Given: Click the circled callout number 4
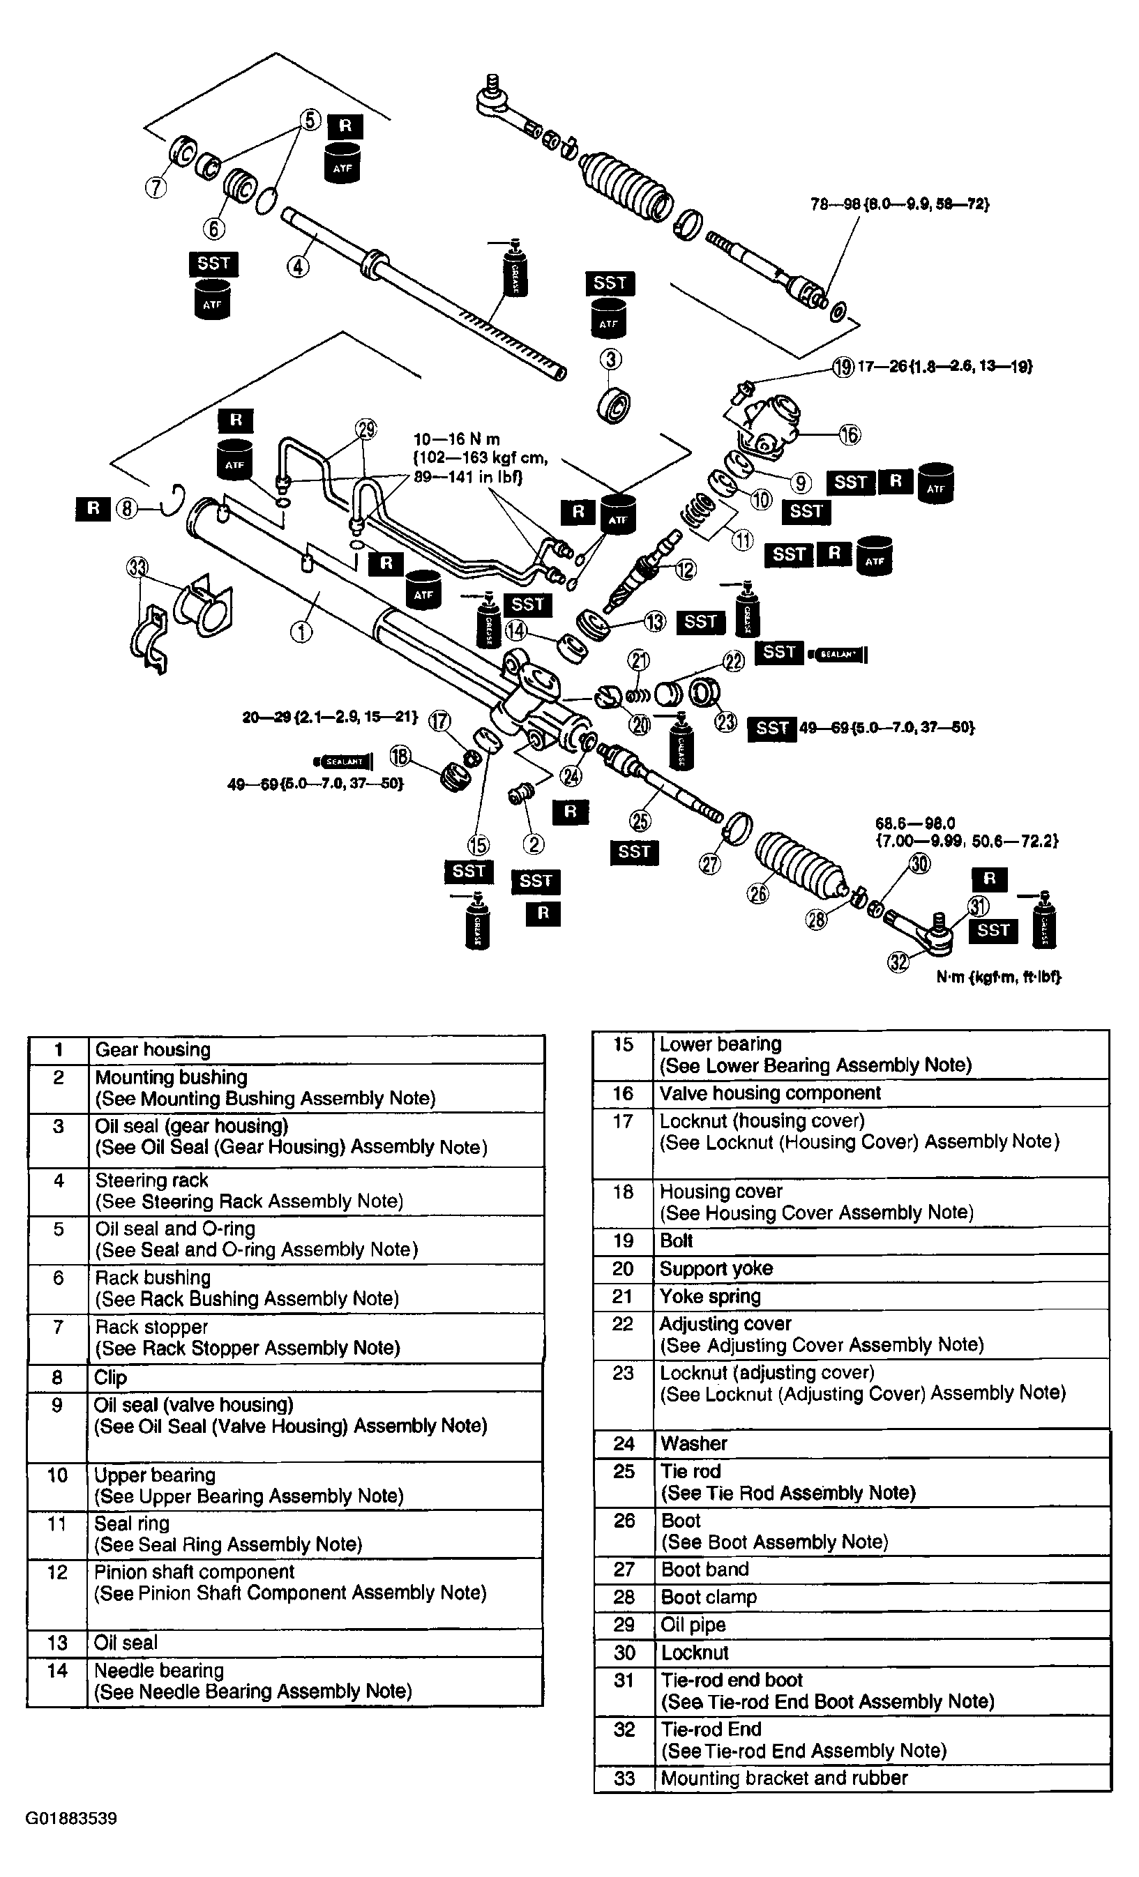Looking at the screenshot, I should (298, 266).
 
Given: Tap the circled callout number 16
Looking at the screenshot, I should (850, 435).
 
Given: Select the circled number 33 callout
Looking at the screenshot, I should (137, 568).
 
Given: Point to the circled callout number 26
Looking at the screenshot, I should (758, 892).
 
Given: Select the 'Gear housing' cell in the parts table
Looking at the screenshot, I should (152, 1050).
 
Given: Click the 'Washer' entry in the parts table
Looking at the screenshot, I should (693, 1443).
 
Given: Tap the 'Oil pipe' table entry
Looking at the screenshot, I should (693, 1625).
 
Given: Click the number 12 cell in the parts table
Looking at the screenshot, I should (57, 1573).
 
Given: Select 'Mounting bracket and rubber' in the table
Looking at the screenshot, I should (783, 1779).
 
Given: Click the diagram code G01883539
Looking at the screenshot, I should (71, 1819).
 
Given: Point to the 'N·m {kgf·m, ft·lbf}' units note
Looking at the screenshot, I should (998, 978).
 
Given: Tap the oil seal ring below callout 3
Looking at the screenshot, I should (614, 405).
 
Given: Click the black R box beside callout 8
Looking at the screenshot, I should (93, 508).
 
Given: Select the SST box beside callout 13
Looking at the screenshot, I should (700, 622).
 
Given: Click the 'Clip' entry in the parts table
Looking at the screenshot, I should (110, 1378).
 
